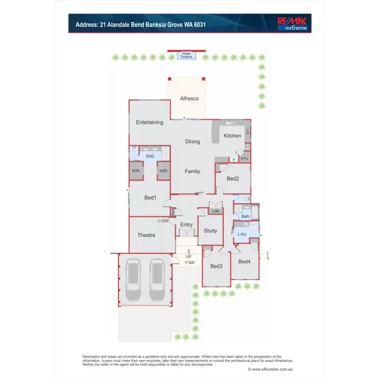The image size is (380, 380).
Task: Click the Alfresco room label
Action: pos(189,98)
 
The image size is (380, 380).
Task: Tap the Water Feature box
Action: pos(187,55)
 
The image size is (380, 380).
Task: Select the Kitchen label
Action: pos(233,136)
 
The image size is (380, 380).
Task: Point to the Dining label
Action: pos(193,142)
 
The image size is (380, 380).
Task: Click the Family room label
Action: pos(193,171)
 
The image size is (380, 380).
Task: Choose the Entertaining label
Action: pos(149,122)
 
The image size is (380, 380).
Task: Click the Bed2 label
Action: pos(233,179)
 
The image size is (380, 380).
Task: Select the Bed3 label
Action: pos(216,267)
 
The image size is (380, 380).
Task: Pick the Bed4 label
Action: pos(244,261)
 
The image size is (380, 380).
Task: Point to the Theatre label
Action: pos(146,235)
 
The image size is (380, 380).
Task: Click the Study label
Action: pos(210,231)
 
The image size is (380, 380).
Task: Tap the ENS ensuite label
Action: pos(150,157)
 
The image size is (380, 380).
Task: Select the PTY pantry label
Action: pos(245,159)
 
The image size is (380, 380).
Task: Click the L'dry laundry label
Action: pos(243,234)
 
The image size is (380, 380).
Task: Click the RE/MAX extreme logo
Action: pos(293,23)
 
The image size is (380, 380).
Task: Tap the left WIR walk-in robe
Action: pos(136,171)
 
